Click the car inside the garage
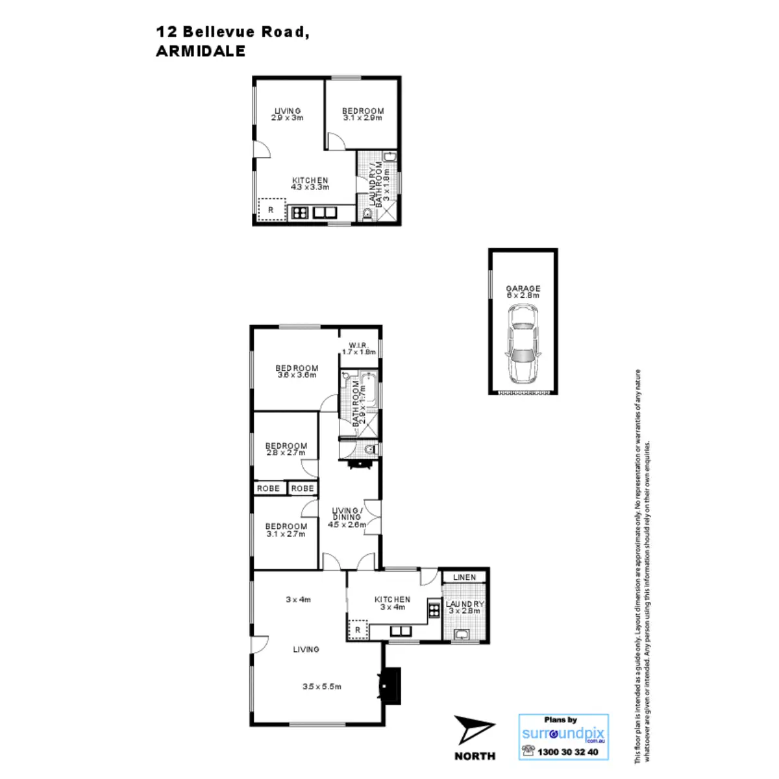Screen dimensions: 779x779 [x=523, y=344]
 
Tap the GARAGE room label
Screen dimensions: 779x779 [x=523, y=289]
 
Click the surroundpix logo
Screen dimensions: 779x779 [x=563, y=734]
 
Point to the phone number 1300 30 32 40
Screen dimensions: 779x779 [x=568, y=752]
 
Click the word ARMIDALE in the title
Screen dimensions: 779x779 [x=201, y=52]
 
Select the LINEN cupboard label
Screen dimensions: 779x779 [x=464, y=577]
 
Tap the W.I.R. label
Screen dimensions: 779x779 [x=358, y=345]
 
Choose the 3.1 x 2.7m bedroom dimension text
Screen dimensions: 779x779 [x=286, y=534]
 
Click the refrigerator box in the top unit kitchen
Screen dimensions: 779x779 [x=271, y=210]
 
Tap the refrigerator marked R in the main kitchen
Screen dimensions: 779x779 [x=358, y=630]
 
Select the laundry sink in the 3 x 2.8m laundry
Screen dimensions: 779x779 [x=464, y=634]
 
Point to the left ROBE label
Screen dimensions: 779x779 [x=268, y=488]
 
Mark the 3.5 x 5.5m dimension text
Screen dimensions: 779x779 [x=322, y=686]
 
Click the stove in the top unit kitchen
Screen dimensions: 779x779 [x=299, y=212]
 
